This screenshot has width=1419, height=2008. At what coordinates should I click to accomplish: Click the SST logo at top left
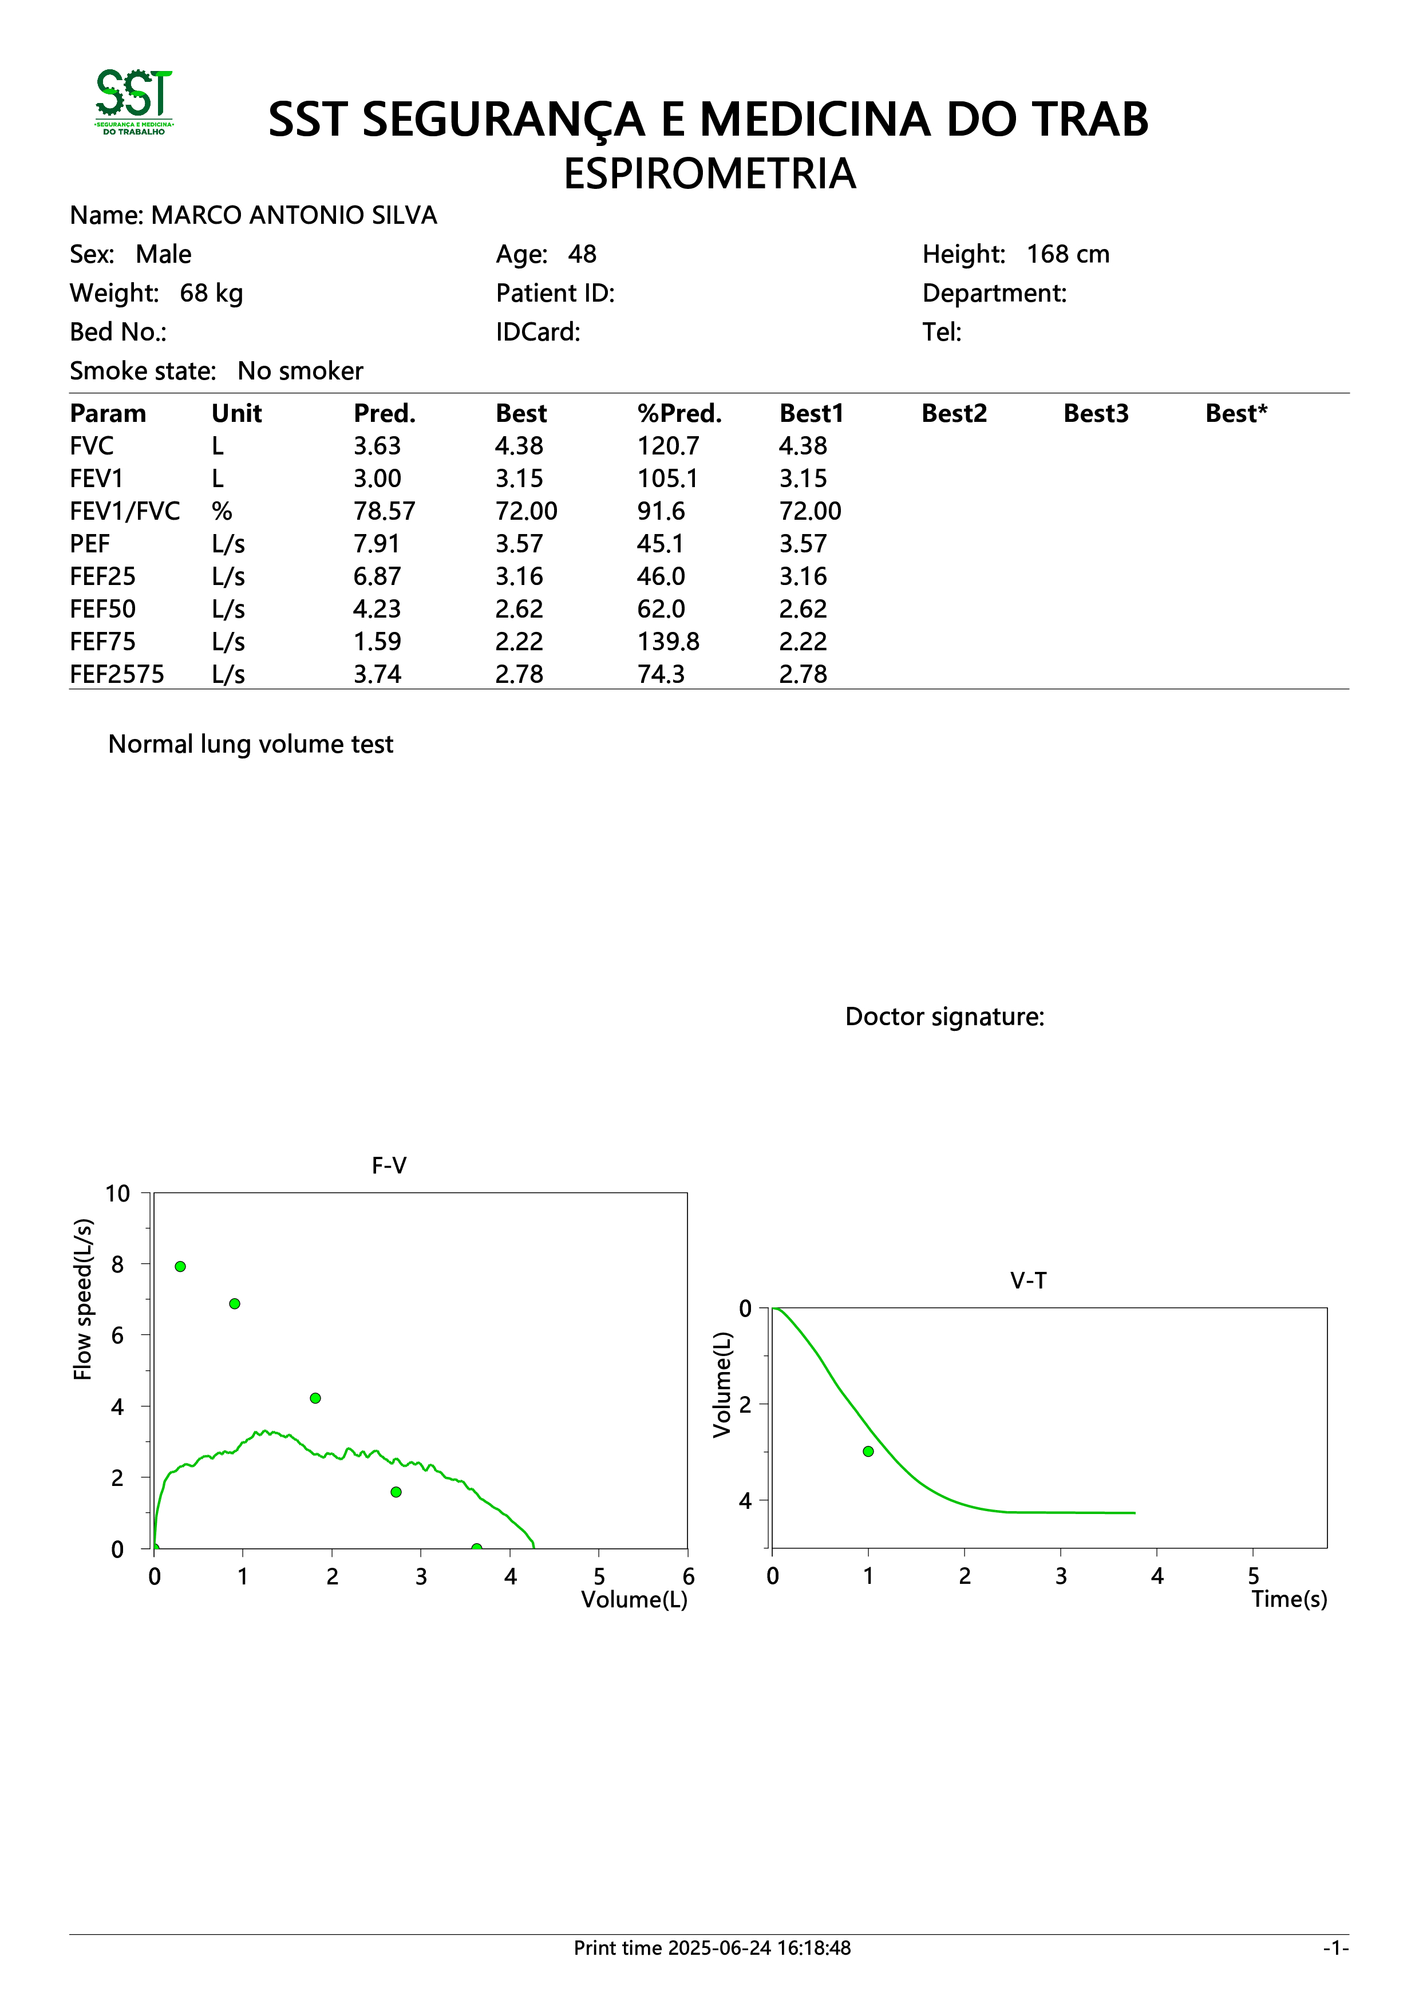click(x=134, y=102)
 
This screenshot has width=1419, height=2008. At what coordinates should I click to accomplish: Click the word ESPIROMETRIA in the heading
click(x=709, y=173)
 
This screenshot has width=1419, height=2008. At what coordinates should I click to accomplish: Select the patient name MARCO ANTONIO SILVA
click(x=294, y=215)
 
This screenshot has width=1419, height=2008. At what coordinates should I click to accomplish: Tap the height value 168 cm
click(x=1068, y=255)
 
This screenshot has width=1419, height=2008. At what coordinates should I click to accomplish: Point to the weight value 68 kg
click(x=212, y=293)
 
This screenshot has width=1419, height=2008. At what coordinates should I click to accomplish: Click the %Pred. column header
click(x=679, y=414)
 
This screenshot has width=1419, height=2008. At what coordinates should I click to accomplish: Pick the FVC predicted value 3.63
click(x=377, y=446)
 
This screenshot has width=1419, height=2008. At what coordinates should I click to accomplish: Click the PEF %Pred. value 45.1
click(x=660, y=544)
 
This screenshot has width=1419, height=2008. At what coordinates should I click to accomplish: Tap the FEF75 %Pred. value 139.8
click(x=668, y=642)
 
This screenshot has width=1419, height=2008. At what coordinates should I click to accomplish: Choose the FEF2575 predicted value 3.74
click(x=377, y=674)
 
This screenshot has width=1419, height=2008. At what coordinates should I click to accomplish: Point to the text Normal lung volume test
click(x=251, y=744)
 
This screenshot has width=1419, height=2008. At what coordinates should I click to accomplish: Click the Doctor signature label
click(x=945, y=1017)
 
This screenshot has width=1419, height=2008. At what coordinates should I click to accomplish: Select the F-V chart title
click(x=389, y=1166)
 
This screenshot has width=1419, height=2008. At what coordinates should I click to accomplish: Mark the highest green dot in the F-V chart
click(x=180, y=1266)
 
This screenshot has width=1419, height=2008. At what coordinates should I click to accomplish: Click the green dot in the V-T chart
click(x=868, y=1451)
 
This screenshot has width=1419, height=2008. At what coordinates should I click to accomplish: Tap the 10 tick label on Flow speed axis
click(x=117, y=1194)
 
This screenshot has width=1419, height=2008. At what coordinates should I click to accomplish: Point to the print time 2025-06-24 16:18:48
click(x=759, y=1948)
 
